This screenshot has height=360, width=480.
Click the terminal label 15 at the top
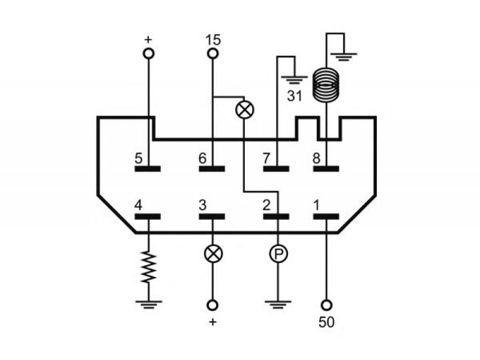213,40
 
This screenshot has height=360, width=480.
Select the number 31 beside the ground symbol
295,96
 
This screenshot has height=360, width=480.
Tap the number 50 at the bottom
326,322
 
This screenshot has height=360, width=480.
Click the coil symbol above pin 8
326,85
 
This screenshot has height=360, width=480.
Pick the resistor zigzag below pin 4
149,267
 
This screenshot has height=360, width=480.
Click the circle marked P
278,254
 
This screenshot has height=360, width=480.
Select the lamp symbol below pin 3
213,254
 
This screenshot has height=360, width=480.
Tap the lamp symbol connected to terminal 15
245,110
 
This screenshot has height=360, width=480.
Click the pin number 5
139,158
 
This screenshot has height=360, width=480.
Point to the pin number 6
203,158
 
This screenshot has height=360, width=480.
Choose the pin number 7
266,158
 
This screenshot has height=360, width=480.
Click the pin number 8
317,158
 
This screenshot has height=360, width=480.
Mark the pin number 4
139,205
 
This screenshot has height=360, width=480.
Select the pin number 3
203,205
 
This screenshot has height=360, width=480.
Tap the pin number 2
266,205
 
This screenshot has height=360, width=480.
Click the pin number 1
317,205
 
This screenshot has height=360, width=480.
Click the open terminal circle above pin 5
149,54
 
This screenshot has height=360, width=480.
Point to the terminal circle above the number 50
326,305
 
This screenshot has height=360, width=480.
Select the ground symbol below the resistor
149,305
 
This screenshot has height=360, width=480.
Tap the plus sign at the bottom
213,322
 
